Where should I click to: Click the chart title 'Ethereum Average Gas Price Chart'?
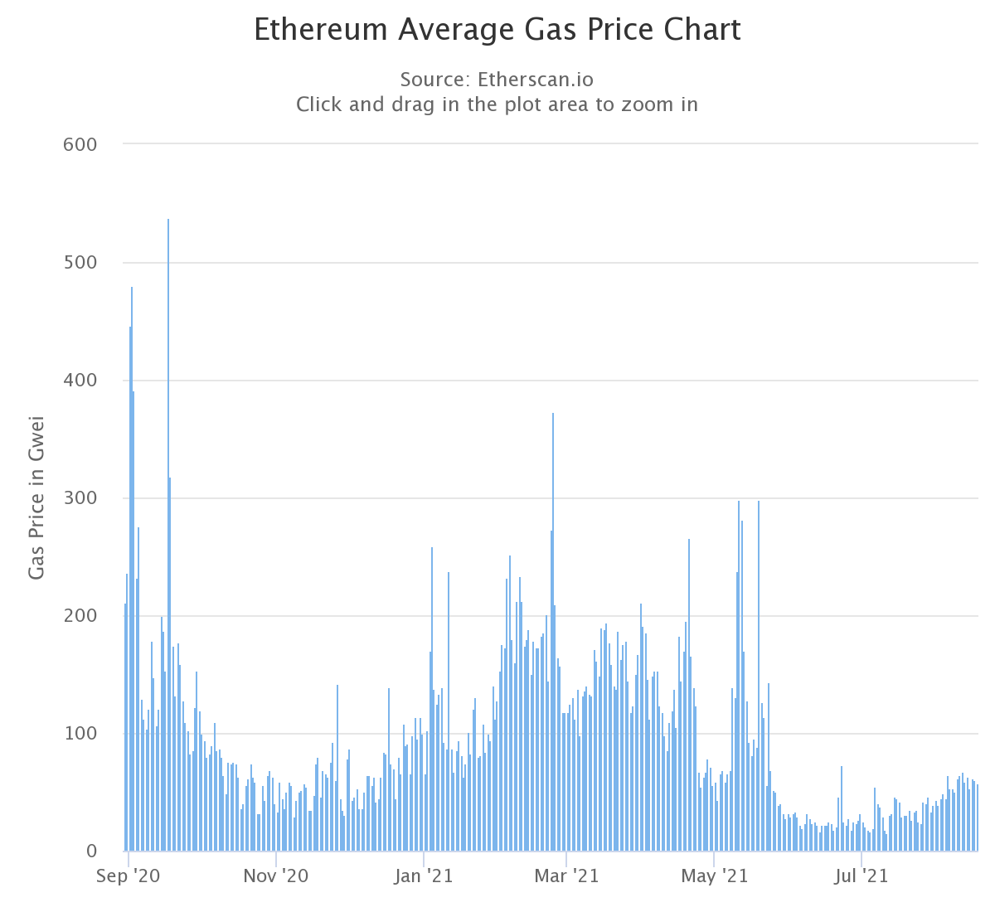497,29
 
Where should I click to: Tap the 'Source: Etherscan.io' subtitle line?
497,79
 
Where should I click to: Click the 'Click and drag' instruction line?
497,104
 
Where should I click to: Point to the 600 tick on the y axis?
80,145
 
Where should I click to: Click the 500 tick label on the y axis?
80,263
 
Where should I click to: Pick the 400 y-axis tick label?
80,381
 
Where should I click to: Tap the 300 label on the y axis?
80,498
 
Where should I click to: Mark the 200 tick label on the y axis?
80,616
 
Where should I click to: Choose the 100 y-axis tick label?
80,734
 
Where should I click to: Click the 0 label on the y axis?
91,851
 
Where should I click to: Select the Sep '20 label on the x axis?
128,876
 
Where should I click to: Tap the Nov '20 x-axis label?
276,876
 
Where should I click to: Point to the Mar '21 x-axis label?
566,876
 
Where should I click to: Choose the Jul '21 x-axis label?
862,876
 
